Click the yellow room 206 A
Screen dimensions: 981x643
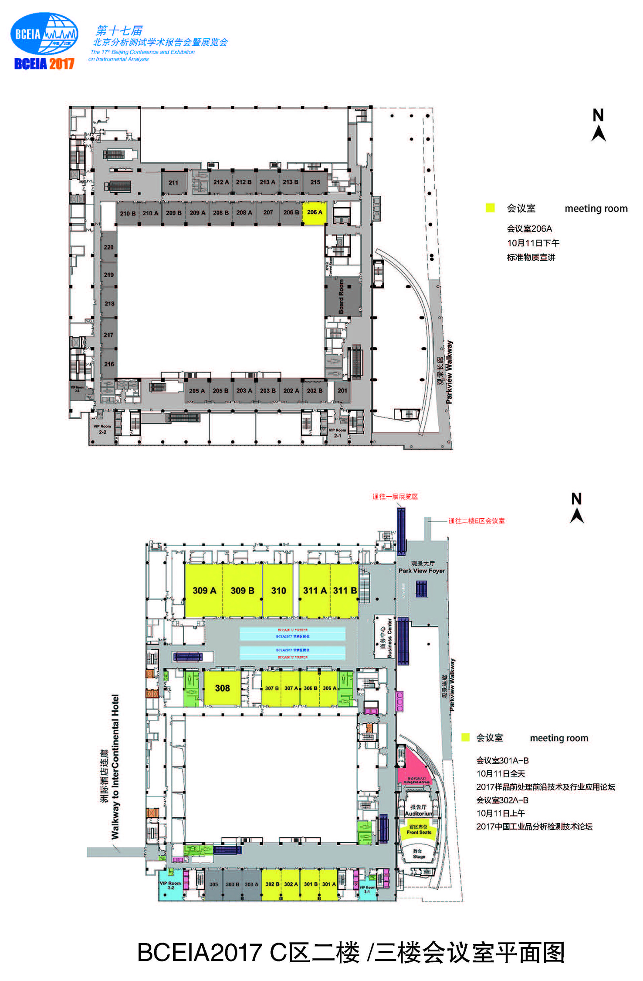(x=315, y=212)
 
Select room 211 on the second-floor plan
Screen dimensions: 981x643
(x=173, y=183)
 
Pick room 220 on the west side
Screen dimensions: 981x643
(x=108, y=247)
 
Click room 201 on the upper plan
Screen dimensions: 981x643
(x=342, y=390)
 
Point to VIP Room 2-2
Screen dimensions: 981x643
(x=102, y=430)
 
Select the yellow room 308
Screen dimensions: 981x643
(x=222, y=688)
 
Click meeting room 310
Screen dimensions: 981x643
(x=278, y=591)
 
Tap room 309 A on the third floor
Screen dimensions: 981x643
(x=204, y=591)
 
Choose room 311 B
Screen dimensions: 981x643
(x=345, y=591)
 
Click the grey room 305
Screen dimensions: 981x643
(x=213, y=884)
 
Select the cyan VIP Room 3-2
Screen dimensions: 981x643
(x=170, y=885)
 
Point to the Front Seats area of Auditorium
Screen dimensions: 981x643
(x=419, y=830)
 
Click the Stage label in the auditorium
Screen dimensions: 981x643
(x=419, y=854)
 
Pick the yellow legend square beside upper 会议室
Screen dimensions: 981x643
(x=490, y=208)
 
